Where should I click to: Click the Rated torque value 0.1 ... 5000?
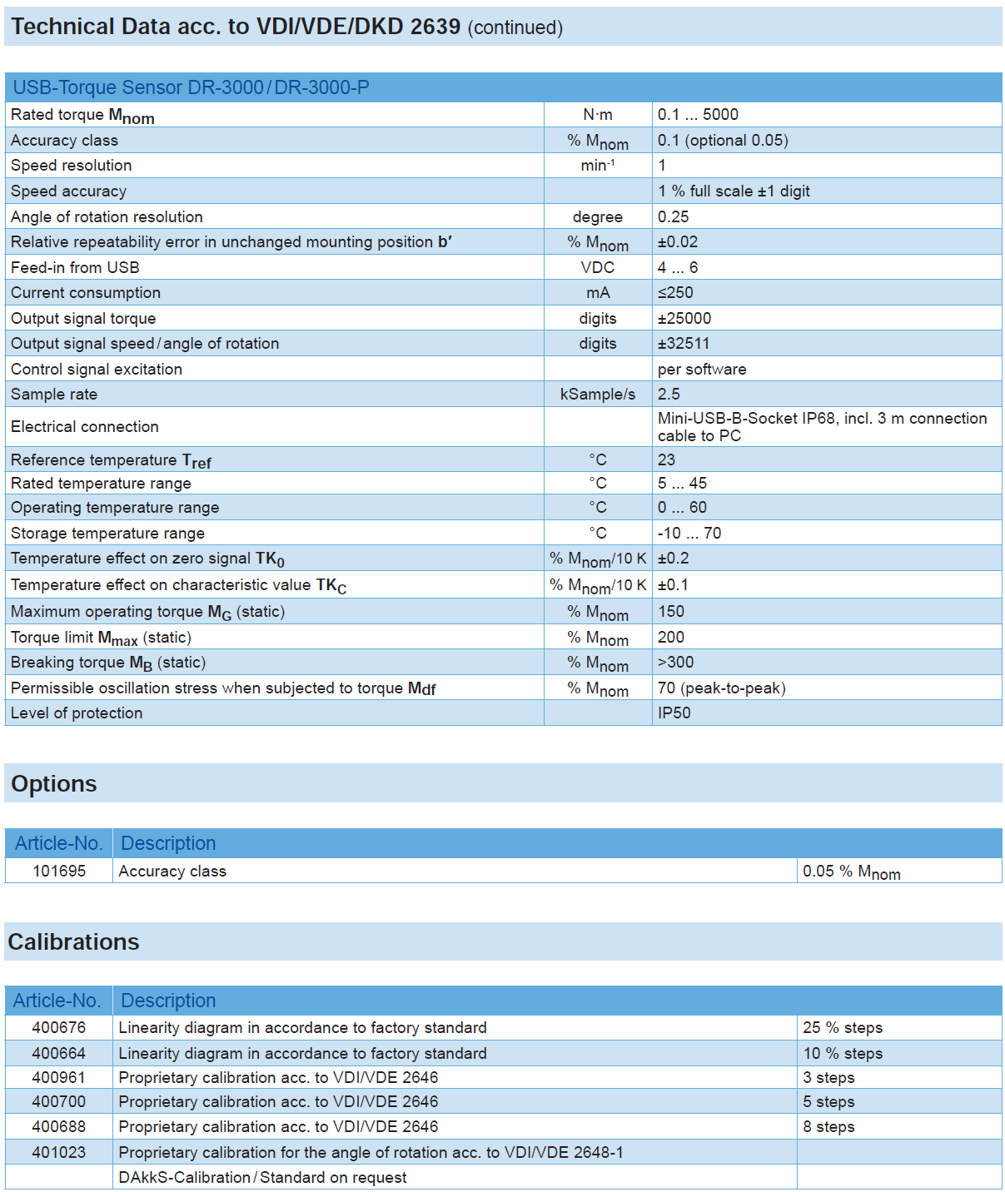[698, 115]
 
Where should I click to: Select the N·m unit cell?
[597, 115]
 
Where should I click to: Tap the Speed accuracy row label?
[68, 191]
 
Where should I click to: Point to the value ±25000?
[684, 319]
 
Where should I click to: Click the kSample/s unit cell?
[597, 395]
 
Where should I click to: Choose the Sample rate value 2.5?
[669, 395]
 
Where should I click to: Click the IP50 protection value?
[674, 713]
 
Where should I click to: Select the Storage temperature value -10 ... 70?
[689, 534]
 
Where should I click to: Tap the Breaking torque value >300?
[675, 663]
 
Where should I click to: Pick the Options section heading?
[54, 784]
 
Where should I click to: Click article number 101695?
[59, 872]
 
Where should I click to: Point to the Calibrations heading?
[73, 942]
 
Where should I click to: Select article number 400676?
[59, 1028]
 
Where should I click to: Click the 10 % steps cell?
[843, 1054]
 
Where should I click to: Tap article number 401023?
[59, 1153]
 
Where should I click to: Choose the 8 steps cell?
[828, 1127]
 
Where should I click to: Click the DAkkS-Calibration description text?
[262, 1178]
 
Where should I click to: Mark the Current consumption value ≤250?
[675, 293]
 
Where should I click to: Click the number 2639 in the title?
[435, 27]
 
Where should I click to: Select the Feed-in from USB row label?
[75, 268]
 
